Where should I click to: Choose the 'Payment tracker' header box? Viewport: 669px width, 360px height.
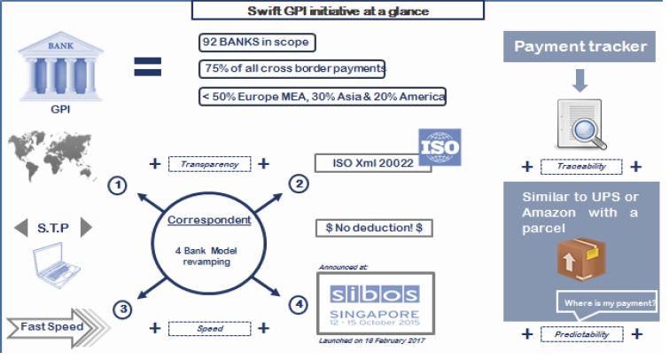tap(581, 47)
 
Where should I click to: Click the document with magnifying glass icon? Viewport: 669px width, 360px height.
tap(581, 123)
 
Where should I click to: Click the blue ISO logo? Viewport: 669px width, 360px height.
tap(439, 145)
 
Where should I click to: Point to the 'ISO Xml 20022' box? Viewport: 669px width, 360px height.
tap(373, 164)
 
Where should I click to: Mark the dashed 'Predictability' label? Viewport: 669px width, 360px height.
tap(580, 334)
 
